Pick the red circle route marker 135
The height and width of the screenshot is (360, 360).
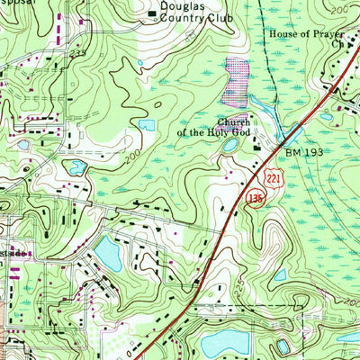257,197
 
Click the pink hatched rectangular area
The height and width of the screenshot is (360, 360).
235,78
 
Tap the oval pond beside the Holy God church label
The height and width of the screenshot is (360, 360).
230,144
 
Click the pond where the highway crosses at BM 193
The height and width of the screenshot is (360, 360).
290,135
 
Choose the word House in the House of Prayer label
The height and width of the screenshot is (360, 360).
283,33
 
